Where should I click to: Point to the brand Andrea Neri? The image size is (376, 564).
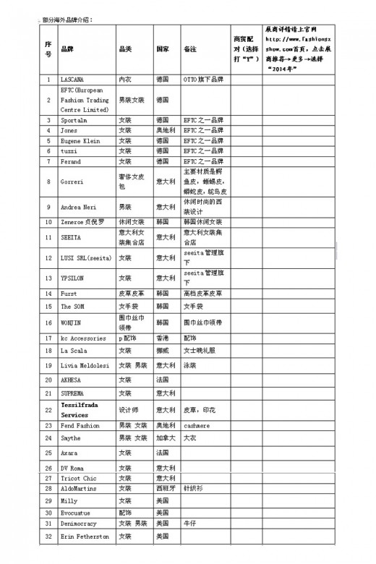point(77,207)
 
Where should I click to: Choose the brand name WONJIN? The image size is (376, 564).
point(72,322)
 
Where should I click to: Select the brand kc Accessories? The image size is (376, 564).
point(82,338)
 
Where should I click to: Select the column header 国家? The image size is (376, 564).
point(163,49)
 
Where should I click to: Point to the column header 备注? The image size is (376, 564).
point(191,49)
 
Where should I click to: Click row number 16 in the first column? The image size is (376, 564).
point(48,322)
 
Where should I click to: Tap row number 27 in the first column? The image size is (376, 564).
point(48,478)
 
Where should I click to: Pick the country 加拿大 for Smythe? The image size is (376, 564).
point(165,437)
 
